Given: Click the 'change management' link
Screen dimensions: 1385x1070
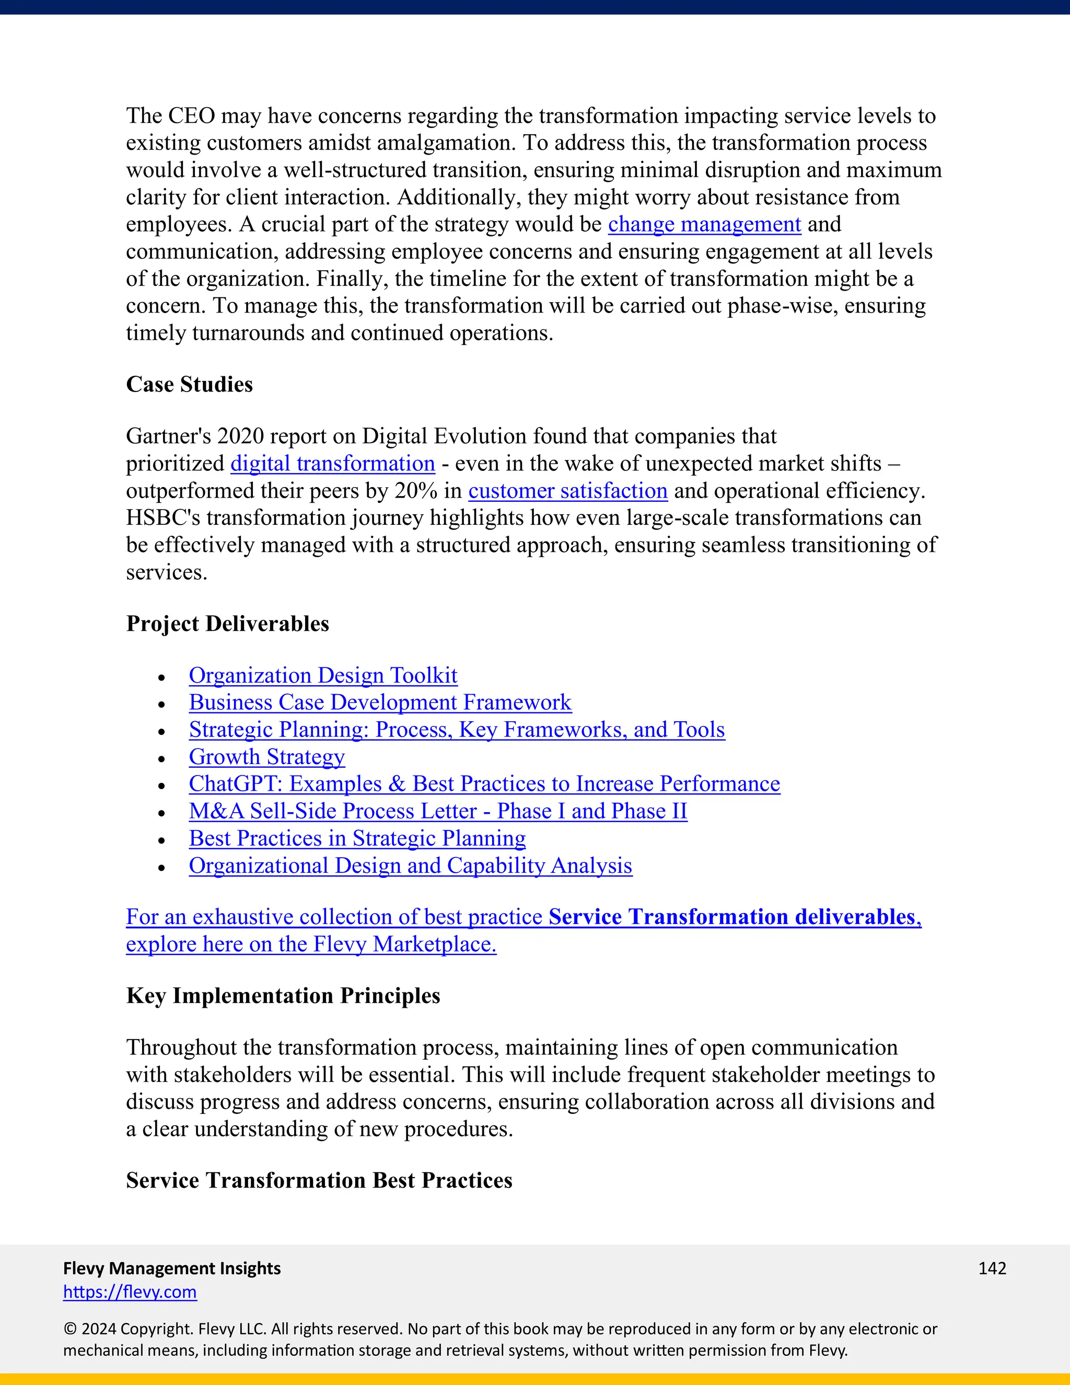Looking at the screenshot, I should click(704, 225).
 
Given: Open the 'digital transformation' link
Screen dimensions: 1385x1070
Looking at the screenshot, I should click(333, 464).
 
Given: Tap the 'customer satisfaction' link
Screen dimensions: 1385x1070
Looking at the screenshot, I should click(568, 491).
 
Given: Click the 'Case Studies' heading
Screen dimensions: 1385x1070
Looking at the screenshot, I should click(190, 384).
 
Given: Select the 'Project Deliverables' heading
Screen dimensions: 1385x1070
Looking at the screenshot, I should click(228, 624).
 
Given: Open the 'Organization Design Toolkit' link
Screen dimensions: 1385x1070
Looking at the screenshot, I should click(323, 675).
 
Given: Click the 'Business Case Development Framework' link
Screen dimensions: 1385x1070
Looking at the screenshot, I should click(380, 702).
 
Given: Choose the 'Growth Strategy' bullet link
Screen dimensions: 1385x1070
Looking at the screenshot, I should click(267, 757).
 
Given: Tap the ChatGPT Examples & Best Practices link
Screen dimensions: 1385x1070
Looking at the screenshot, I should click(484, 784).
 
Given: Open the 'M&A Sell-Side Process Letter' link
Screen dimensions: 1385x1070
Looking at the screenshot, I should click(437, 811).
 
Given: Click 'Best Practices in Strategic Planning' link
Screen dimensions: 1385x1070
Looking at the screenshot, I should click(357, 838).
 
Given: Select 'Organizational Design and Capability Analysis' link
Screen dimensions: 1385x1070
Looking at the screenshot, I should click(410, 865).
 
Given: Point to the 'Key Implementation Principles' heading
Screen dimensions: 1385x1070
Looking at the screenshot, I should click(283, 996).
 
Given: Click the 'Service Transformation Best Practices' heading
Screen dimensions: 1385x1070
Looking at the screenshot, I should click(319, 1180).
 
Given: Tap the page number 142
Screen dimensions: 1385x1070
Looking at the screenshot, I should click(992, 1268).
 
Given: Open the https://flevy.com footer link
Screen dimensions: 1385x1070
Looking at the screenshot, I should click(130, 1292).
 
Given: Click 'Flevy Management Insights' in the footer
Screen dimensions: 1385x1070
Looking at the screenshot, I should click(172, 1268).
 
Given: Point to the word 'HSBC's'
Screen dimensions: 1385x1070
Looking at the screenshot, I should click(163, 518).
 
